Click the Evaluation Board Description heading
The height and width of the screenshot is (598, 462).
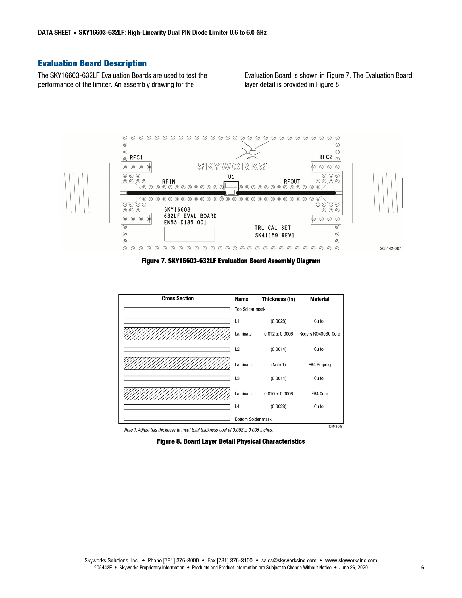[x=92, y=63]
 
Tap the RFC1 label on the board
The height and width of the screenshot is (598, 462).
[x=136, y=158]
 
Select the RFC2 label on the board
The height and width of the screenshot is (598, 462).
[x=325, y=157]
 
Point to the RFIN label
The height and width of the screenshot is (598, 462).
[x=168, y=182]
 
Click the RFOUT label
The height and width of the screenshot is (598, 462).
[x=292, y=182]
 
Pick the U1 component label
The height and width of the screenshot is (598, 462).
[x=231, y=177]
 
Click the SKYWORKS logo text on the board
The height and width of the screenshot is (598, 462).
[x=232, y=166]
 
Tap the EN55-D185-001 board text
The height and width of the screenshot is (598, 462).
[x=185, y=223]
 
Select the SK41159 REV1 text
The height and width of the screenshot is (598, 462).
[x=275, y=235]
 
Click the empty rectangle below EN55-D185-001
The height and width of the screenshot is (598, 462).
[x=190, y=234]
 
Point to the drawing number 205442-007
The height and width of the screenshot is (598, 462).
[x=390, y=249]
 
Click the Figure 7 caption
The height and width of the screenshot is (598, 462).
[x=231, y=261]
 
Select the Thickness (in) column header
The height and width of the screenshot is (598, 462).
[x=278, y=299]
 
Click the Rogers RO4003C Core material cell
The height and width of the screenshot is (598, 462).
[x=320, y=334]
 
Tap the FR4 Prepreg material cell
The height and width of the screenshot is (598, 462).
[x=320, y=365]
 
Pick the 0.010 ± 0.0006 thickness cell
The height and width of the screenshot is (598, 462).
[x=278, y=394]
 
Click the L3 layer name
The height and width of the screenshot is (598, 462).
[x=237, y=378]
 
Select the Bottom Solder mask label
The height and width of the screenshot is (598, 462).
[x=253, y=419]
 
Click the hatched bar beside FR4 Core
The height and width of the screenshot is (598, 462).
[x=177, y=394]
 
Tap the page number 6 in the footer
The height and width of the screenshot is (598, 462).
[x=423, y=568]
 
